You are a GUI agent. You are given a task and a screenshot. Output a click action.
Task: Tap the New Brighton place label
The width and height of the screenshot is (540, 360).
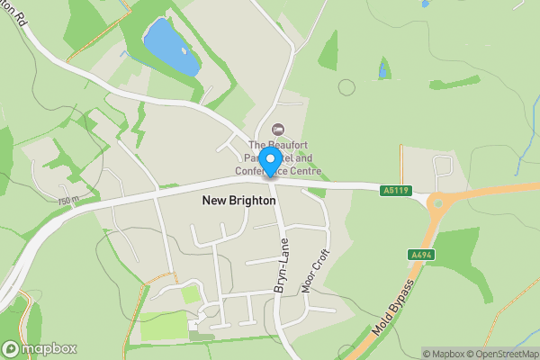click(238, 202)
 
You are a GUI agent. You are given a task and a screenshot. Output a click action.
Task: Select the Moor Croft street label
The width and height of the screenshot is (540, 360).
click(315, 266)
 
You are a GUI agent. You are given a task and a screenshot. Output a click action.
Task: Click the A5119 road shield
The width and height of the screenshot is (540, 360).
click(394, 191)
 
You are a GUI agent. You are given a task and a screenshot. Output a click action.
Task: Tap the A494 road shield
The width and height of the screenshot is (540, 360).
click(416, 255)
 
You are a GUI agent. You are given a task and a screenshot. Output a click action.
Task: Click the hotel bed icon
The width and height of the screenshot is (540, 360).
click(276, 131)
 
